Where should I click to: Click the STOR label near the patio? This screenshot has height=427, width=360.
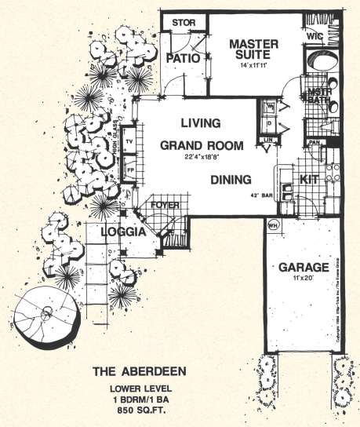coord(183,22)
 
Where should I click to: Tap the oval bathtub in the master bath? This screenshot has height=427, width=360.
coord(322,60)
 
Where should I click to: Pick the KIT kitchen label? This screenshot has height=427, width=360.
coord(309,179)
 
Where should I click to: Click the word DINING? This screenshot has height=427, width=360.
coord(230,178)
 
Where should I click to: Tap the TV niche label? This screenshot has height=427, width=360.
coord(130,142)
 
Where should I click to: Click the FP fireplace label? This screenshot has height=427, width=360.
coord(130,168)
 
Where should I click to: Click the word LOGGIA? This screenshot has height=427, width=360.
coord(122,233)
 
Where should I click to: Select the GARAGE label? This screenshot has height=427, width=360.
coord(301,267)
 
